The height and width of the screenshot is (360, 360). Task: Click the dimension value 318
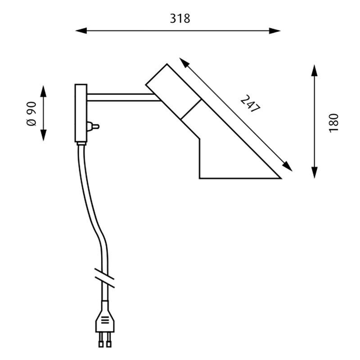point(180,18)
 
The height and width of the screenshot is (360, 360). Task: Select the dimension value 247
point(250,104)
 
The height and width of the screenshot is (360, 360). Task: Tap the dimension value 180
point(333,121)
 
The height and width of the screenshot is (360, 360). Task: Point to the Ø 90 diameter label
point(31,113)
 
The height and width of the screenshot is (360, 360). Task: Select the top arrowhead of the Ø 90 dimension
point(44,90)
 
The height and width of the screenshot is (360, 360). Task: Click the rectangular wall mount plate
point(81,112)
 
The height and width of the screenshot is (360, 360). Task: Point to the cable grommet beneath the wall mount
point(81,144)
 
